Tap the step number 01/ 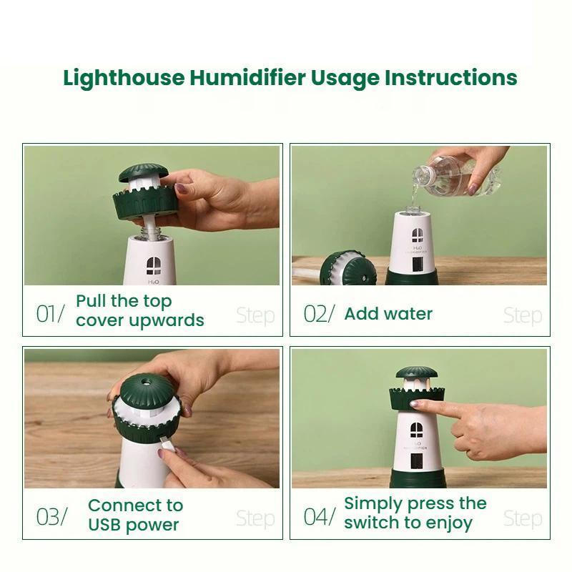point(50,314)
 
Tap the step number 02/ point(318,314)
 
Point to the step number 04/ point(319,516)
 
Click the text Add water point(388,313)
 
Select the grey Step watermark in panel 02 point(522,315)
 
